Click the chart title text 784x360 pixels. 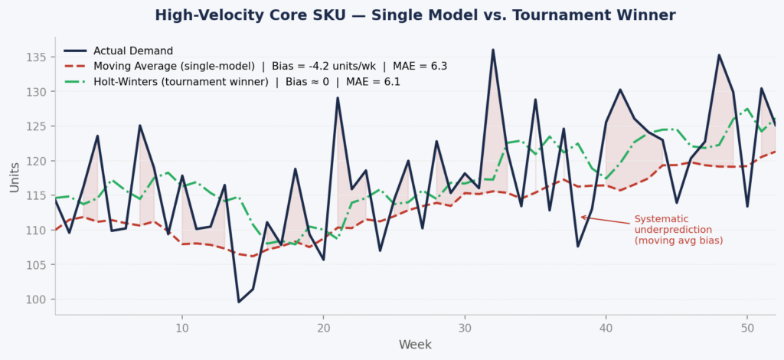click(x=415, y=15)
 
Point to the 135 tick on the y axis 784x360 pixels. click(x=38, y=57)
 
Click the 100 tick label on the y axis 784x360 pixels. click(x=38, y=299)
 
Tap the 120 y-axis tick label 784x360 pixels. click(x=38, y=161)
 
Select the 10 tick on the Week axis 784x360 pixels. click(x=182, y=328)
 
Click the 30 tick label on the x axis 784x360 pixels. click(x=464, y=328)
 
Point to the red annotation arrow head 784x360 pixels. click(x=581, y=217)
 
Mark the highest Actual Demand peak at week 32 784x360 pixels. click(x=492, y=50)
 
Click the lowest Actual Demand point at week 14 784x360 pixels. click(x=239, y=302)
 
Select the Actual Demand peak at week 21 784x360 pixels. click(x=338, y=97)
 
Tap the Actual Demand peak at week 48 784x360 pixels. click(x=719, y=54)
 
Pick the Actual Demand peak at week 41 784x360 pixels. click(x=620, y=90)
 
